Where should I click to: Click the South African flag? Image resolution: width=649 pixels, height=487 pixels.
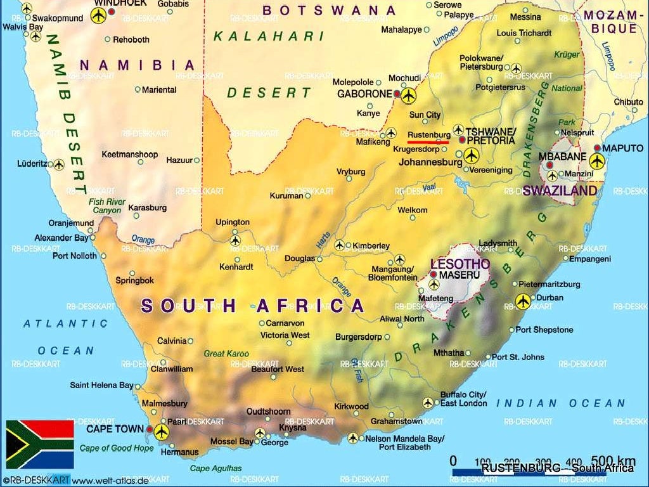click(40, 444)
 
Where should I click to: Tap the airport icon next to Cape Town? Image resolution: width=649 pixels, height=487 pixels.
click(162, 432)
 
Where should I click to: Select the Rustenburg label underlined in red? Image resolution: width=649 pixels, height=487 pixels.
click(428, 135)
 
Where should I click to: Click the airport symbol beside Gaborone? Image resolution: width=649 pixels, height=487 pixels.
click(408, 96)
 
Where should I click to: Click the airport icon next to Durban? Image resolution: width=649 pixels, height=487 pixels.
click(523, 301)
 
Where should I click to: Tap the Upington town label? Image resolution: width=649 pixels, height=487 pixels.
click(233, 223)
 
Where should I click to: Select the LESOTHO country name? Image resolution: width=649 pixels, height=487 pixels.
click(460, 263)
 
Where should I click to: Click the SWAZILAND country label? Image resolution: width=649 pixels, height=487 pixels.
click(560, 190)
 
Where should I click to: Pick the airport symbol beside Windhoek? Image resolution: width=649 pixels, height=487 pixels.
click(99, 16)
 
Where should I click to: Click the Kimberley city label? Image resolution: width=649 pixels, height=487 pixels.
click(371, 246)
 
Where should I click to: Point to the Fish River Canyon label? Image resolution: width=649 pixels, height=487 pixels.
click(106, 206)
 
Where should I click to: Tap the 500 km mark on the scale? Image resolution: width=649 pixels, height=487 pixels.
click(613, 460)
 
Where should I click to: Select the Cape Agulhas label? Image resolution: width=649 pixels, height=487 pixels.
click(215, 469)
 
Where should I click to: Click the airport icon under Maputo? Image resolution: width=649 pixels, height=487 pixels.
click(597, 161)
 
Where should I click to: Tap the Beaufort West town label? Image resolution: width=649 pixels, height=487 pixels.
click(278, 369)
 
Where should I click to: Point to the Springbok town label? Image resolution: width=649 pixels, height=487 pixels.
click(134, 280)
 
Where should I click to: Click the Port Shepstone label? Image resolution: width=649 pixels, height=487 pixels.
click(544, 330)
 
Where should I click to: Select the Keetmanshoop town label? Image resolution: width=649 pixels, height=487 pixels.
click(129, 154)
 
